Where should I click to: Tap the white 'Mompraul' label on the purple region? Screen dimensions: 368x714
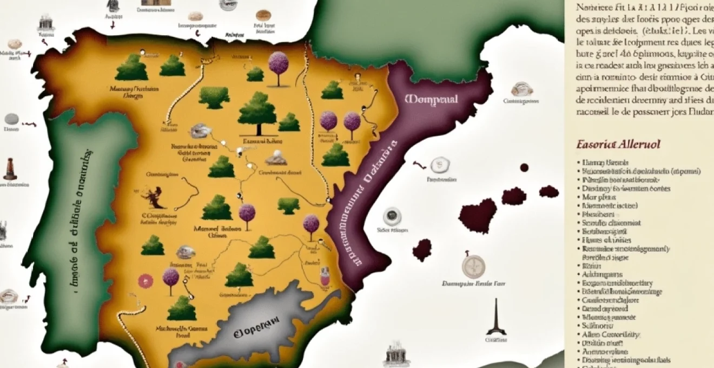pos(431,100)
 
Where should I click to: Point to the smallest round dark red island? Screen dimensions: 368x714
pos(524,167)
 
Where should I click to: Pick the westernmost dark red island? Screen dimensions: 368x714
pos(422,250)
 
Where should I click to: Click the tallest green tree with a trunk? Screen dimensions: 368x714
pos(257,113)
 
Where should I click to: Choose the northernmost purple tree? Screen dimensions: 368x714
pos(279,65)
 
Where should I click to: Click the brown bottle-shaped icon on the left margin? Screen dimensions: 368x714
pos(9,169)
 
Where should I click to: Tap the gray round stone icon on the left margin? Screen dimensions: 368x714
pos(11,120)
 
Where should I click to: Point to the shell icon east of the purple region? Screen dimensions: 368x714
pos(521,89)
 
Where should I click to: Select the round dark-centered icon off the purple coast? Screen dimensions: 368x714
pos(392,216)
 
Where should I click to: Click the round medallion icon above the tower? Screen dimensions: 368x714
pos(473,266)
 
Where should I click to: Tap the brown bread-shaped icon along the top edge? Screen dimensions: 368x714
pos(263,15)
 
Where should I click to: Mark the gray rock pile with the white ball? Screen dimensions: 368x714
pos(275,158)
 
